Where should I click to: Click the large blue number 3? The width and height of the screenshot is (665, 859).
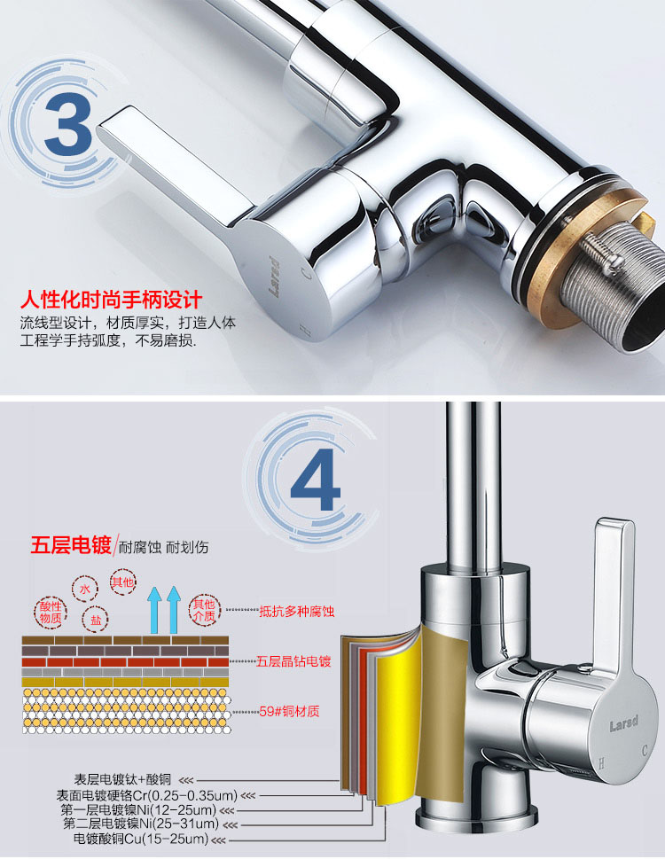68,124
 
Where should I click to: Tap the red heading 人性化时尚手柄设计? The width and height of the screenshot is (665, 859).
111,300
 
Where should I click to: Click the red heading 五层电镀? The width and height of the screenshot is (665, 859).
71,546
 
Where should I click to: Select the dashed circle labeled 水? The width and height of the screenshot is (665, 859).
85,590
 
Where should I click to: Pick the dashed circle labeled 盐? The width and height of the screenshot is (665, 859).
96,620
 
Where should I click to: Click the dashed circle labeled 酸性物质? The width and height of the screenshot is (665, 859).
51,613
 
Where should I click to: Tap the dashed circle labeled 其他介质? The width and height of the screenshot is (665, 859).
204,610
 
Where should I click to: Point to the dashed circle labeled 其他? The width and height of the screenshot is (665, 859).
122,582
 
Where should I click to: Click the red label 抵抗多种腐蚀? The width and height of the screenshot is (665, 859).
296,611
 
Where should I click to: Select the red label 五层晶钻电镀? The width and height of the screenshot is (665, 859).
293,661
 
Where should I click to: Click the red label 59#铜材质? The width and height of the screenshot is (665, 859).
289,712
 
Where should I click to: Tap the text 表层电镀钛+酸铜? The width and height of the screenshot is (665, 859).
122,779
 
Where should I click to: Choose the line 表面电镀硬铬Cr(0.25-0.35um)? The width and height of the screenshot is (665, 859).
147,795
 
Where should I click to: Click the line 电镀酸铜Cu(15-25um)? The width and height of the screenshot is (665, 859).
141,839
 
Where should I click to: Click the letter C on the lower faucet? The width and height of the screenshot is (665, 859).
645,749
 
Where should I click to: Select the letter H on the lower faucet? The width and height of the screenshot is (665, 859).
601,763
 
